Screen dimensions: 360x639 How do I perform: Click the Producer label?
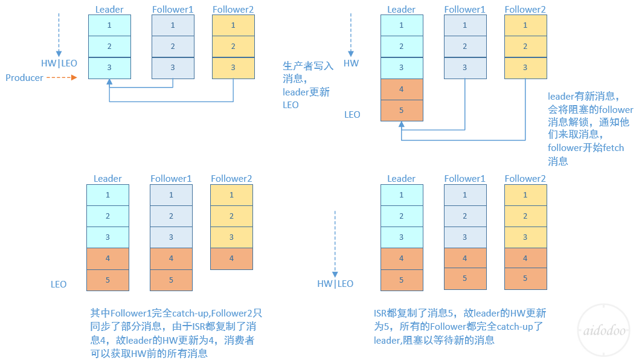tap(24, 78)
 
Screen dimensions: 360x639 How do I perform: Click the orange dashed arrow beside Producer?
tap(63, 78)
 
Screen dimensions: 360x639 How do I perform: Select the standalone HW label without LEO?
tap(351, 63)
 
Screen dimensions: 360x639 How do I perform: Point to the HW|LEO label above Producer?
tap(59, 63)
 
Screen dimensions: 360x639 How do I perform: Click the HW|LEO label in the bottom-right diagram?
tap(335, 284)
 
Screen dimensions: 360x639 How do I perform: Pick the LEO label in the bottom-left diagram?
tap(59, 284)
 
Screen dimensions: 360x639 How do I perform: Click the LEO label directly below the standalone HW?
tap(352, 114)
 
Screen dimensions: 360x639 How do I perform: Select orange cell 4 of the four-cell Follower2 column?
tap(231, 259)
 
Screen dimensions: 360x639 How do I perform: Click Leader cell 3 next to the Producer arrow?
tap(109, 68)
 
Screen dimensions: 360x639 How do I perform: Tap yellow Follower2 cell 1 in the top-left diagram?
tap(233, 25)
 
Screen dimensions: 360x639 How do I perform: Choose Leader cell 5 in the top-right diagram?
tap(402, 111)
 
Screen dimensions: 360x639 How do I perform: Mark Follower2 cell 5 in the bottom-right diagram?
tap(525, 278)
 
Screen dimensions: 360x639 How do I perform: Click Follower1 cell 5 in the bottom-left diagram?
tap(171, 280)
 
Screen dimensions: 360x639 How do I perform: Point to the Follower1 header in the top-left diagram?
tap(173, 10)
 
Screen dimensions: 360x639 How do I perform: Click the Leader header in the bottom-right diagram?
tap(402, 178)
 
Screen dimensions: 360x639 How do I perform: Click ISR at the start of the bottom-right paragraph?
tap(381, 313)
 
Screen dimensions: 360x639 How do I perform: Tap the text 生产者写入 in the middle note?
tap(307, 66)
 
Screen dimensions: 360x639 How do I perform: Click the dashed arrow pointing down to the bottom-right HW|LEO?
tap(335, 242)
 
